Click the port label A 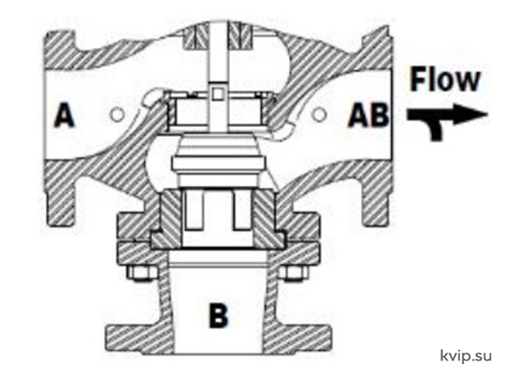click(x=65, y=115)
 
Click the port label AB click(x=368, y=115)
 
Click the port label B click(x=219, y=315)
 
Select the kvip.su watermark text click(x=465, y=355)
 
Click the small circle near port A click(x=117, y=114)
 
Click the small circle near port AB click(x=319, y=114)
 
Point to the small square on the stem click(x=217, y=94)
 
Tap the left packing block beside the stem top click(x=196, y=35)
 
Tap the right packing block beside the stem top click(x=240, y=35)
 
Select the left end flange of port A click(x=60, y=129)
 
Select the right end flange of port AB click(x=378, y=129)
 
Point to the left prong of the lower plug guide click(x=194, y=211)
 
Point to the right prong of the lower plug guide click(x=242, y=211)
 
